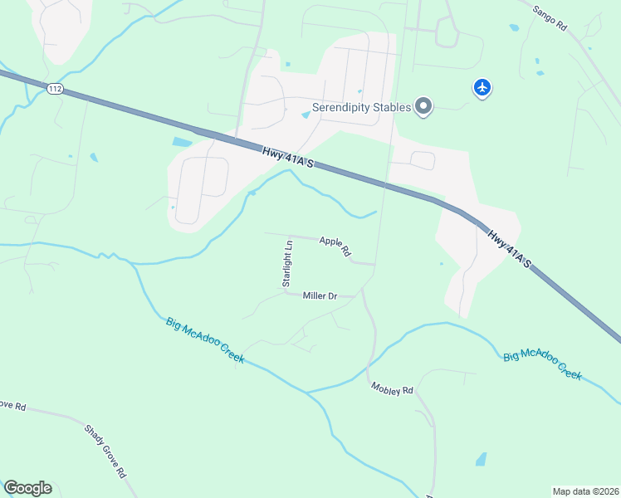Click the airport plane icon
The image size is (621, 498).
click(482, 86)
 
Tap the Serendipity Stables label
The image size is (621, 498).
click(362, 107)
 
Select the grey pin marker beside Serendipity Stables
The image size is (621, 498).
click(424, 106)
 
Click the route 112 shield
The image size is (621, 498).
click(56, 90)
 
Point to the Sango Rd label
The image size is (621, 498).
click(550, 17)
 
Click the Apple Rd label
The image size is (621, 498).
click(335, 247)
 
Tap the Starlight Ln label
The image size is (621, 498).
click(288, 264)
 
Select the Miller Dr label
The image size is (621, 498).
click(320, 295)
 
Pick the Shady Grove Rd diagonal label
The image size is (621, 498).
click(105, 452)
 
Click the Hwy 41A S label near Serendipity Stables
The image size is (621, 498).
click(287, 158)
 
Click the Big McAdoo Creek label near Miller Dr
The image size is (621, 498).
click(205, 339)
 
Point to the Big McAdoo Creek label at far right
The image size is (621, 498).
click(543, 364)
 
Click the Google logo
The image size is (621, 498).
click(27, 488)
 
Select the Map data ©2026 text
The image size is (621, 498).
click(585, 491)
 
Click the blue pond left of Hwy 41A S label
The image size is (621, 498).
click(182, 142)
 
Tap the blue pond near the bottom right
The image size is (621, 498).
click(481, 459)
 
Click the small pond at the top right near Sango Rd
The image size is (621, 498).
click(515, 27)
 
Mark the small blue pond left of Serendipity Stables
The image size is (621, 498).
click(306, 115)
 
